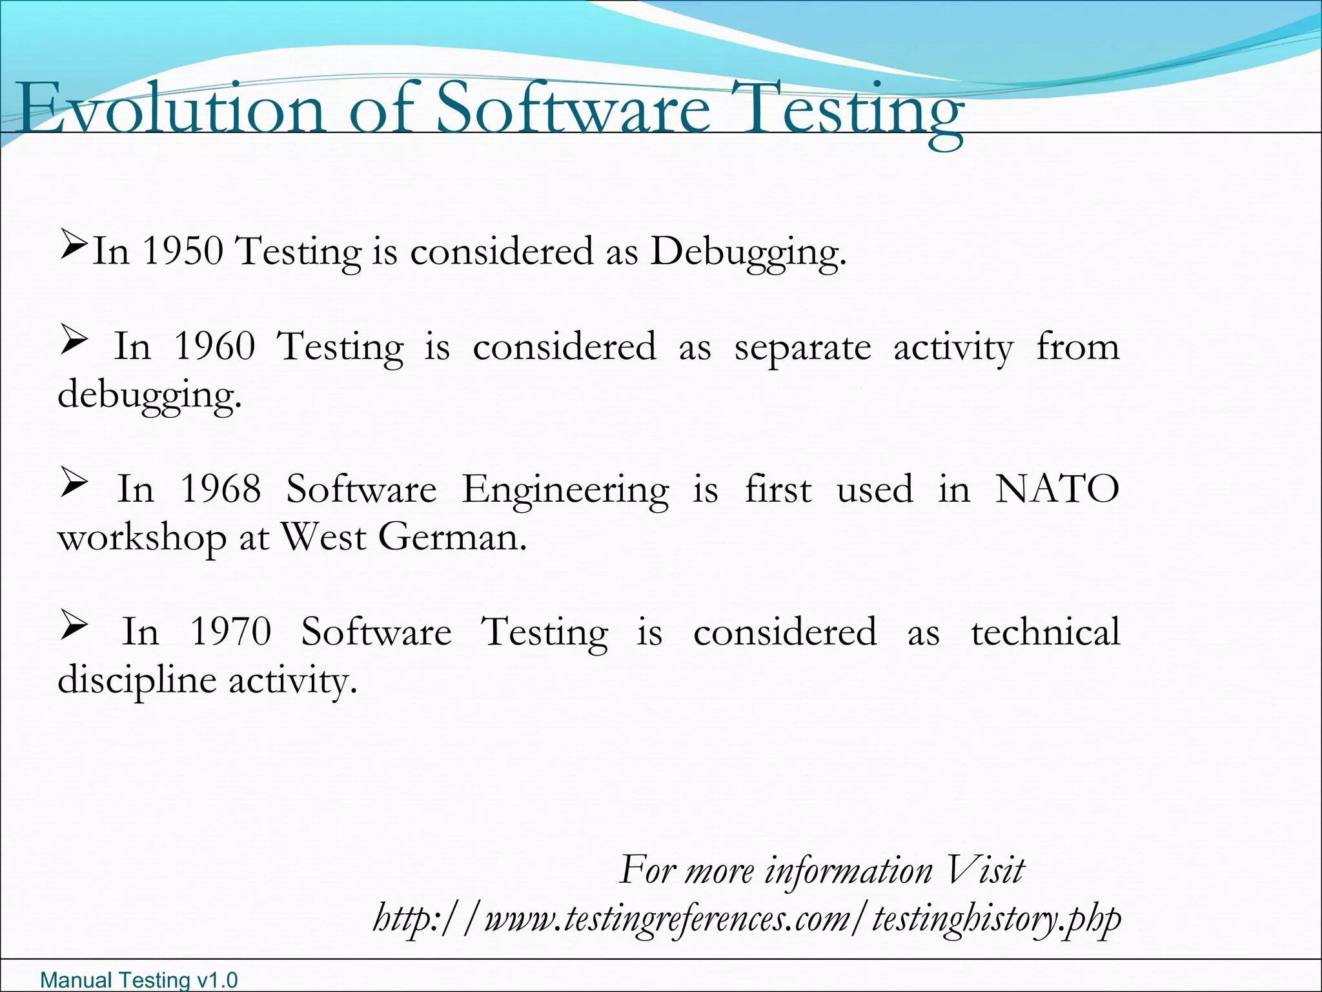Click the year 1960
(215, 346)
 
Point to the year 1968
(220, 489)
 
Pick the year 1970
(230, 632)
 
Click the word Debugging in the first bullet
(747, 252)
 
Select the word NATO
(1057, 489)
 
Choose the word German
(452, 537)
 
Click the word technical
(1046, 632)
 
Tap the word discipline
(136, 681)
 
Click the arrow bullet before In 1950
(73, 245)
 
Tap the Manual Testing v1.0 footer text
(139, 980)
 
